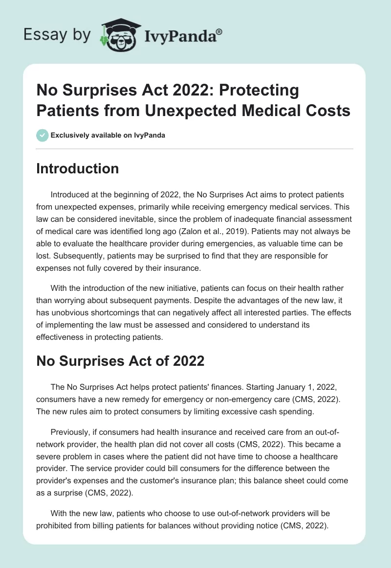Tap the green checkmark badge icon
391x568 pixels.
pyautogui.click(x=42, y=135)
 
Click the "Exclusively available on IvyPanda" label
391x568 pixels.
pyautogui.click(x=108, y=136)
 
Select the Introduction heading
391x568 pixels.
pyautogui.click(x=78, y=168)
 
